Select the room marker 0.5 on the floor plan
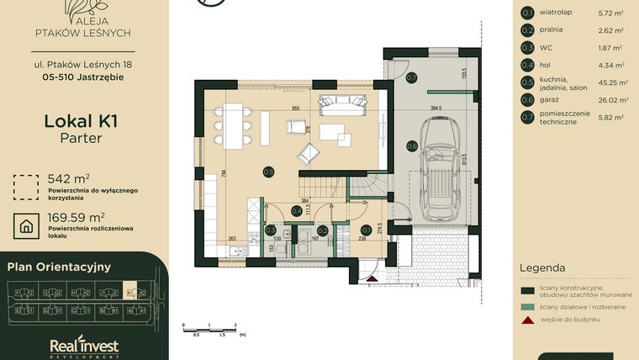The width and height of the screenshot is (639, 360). point(268,172)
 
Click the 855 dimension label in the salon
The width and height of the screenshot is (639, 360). point(295,109)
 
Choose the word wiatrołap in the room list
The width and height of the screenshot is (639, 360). point(555,13)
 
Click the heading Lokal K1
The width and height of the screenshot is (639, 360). point(81,121)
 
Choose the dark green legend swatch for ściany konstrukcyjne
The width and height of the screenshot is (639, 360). point(528,290)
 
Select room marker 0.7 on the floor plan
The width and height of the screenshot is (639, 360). point(411,77)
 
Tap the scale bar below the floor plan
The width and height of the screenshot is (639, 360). point(210,326)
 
